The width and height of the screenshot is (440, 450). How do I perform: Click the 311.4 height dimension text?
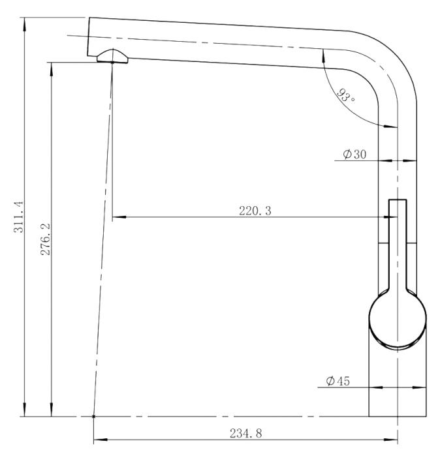19,217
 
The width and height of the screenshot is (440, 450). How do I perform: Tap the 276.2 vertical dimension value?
45,239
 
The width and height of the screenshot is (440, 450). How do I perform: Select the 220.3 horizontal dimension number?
255,211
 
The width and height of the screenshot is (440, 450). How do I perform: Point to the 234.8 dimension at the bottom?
246,433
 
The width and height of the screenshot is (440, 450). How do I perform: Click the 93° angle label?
346,96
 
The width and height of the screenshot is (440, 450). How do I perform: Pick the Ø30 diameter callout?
354,155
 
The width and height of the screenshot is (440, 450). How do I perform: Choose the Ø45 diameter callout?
338,381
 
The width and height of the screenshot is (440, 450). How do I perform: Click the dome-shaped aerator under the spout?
112,56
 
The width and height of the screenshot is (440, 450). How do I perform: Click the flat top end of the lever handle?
398,200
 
